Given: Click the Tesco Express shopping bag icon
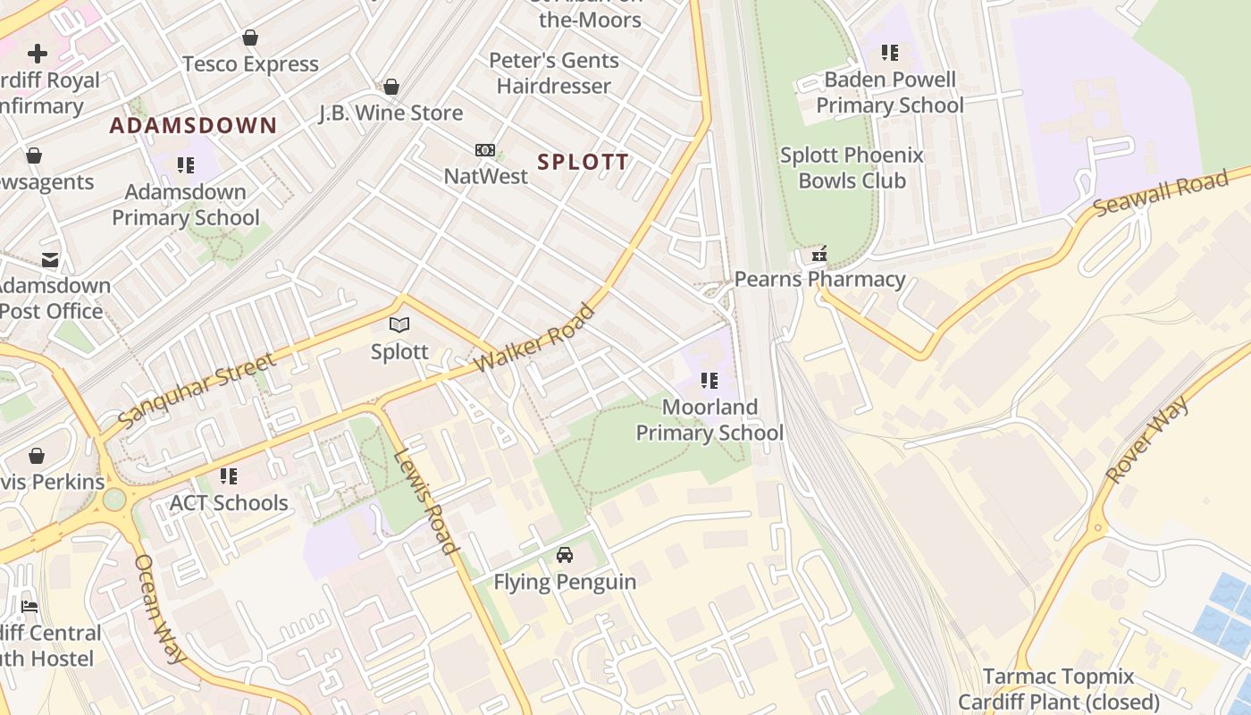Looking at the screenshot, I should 250,38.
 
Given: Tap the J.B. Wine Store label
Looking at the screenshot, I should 391,113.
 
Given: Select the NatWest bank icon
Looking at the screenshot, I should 484,149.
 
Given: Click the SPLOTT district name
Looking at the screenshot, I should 584,162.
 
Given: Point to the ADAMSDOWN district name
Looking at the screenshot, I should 193,125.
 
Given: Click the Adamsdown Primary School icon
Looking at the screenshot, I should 186,165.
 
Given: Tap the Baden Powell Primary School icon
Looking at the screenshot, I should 889,53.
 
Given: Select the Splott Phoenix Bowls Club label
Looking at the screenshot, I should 852,168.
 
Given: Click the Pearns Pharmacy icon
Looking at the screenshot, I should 819,255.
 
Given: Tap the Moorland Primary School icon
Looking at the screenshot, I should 709,382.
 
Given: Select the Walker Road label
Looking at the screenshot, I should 535,339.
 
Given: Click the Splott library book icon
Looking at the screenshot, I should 399,325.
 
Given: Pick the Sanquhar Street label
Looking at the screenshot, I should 197,390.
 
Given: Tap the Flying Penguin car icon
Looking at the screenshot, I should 565,555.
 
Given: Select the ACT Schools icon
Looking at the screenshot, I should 229,476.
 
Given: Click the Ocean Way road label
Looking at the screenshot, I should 160,609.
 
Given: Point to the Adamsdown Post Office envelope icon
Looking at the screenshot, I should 50,260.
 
